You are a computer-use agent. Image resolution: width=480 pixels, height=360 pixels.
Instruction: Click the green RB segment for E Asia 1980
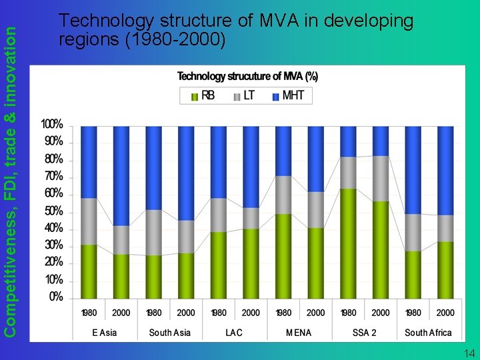pos(89,271)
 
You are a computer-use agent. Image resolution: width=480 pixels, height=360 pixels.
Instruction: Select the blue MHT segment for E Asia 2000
pos(121,176)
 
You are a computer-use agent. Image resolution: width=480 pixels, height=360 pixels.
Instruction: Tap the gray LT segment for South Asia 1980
pos(153,233)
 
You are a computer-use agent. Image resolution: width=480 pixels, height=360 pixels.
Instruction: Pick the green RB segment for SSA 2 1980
pos(348,243)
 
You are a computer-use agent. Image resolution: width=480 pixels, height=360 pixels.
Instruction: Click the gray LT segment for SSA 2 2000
pos(381,179)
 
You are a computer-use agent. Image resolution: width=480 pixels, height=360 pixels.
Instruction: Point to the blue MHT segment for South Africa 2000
pos(445,171)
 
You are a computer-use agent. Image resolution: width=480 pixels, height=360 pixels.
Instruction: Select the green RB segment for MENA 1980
pos(283,256)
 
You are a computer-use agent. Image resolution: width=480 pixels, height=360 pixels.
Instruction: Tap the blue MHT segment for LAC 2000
pos(251,167)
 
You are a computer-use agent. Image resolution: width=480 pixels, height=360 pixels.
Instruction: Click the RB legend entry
pos(203,96)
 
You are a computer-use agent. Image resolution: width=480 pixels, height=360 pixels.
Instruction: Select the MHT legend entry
pos(288,96)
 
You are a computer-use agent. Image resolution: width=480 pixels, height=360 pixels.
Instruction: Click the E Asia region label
pos(105,332)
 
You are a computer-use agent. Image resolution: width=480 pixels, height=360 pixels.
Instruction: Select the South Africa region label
pos(429,332)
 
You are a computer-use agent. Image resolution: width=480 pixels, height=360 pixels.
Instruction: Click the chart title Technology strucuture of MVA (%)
pos(247,77)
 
